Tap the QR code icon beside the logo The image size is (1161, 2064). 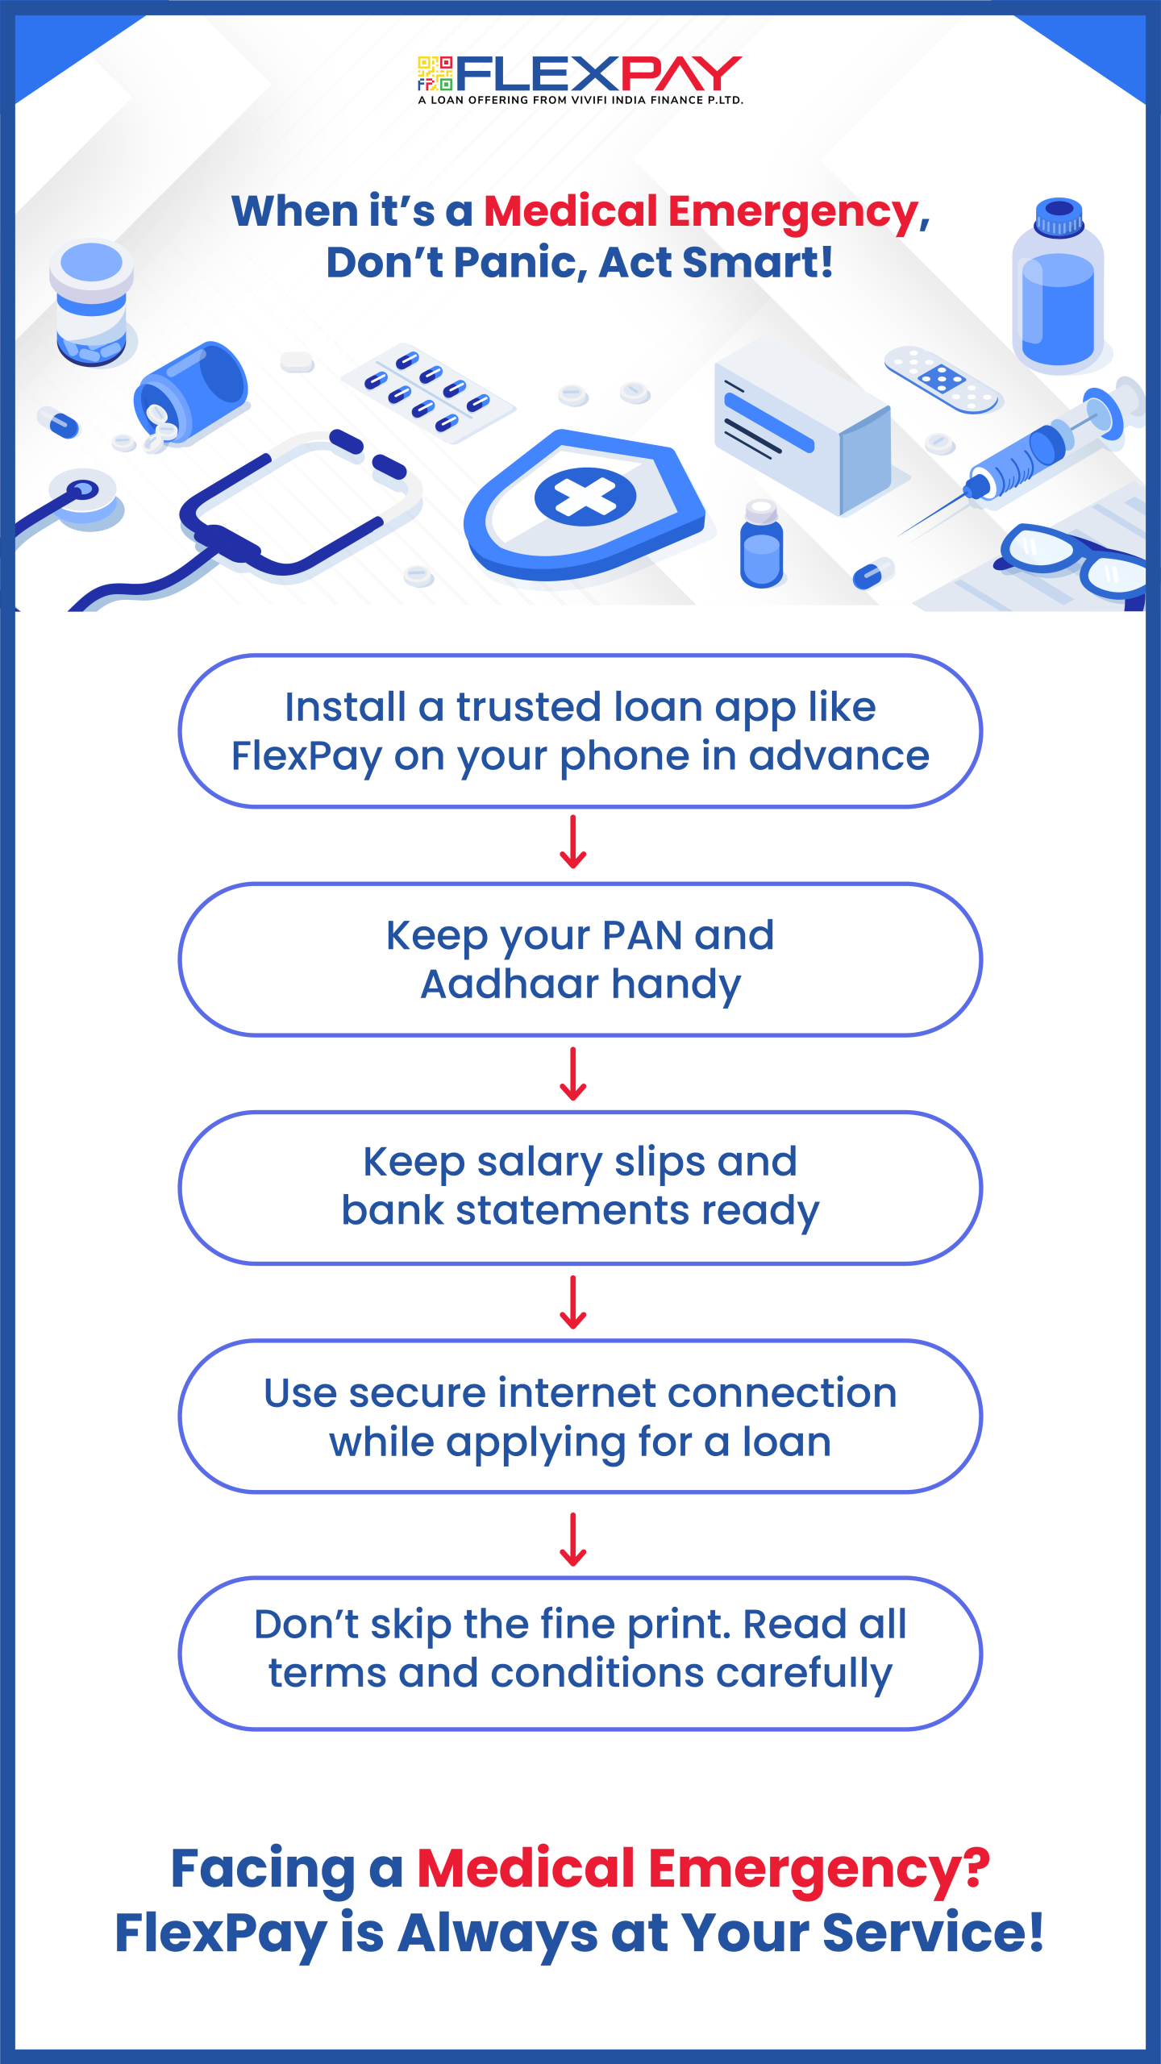point(435,73)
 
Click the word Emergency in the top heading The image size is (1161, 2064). point(794,213)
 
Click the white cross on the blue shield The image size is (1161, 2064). point(585,496)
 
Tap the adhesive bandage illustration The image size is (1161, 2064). point(942,379)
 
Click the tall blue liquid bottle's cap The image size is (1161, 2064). point(1059,216)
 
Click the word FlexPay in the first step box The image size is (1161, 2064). point(306,757)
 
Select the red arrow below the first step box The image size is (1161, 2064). point(573,842)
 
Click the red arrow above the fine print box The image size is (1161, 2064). point(573,1539)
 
